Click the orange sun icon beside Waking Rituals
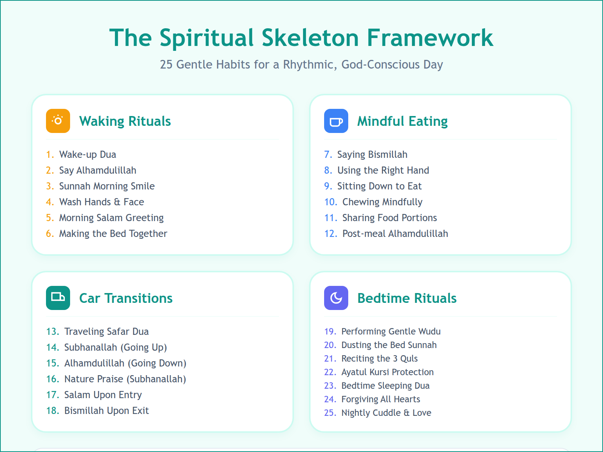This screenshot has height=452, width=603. [x=58, y=121]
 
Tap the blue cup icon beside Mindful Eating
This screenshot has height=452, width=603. [x=336, y=121]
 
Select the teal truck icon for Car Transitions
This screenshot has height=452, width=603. [x=58, y=298]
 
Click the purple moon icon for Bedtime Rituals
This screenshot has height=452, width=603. [x=336, y=298]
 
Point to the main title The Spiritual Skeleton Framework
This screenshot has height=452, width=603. [x=301, y=38]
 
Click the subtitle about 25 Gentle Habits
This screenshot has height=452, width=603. [x=301, y=64]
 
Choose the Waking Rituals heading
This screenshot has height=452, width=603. [x=125, y=121]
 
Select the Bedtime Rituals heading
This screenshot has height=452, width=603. [x=407, y=298]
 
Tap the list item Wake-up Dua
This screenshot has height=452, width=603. [x=87, y=154]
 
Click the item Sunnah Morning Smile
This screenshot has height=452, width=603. [x=107, y=186]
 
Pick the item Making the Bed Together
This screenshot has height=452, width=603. [x=113, y=234]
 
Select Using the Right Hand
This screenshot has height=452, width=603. [x=383, y=170]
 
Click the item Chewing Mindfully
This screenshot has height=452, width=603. [x=382, y=202]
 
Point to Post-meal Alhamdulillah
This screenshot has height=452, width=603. [x=395, y=234]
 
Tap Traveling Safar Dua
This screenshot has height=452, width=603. [x=106, y=331]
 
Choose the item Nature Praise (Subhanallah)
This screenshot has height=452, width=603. [x=125, y=379]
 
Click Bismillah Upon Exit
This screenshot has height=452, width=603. [x=106, y=411]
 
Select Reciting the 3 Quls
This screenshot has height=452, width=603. [x=379, y=359]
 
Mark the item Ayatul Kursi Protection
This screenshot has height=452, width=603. [x=387, y=372]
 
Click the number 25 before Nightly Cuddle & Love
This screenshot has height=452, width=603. [x=330, y=413]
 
